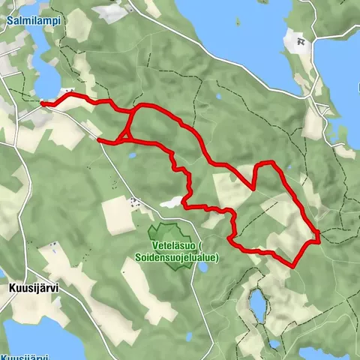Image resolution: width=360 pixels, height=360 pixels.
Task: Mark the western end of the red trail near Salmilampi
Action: (42, 103)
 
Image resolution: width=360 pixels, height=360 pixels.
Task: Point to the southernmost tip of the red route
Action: (292, 265)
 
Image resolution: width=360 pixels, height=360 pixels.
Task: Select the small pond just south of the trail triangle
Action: (132, 155)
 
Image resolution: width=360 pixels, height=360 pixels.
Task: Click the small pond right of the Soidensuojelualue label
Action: (203, 266)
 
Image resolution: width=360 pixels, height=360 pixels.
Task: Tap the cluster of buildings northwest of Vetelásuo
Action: (134, 201)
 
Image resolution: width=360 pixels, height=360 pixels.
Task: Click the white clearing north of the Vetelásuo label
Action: (171, 202)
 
